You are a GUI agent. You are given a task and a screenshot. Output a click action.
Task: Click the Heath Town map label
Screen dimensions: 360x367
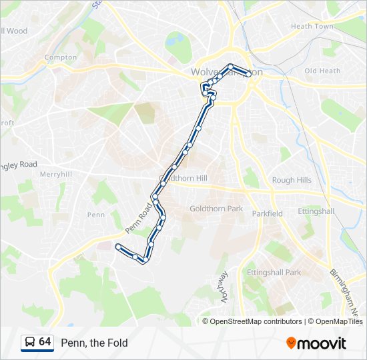click(312, 27)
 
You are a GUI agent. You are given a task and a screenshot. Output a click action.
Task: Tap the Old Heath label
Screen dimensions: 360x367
click(322, 71)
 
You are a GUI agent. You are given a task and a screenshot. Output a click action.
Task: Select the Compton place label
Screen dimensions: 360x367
click(61, 57)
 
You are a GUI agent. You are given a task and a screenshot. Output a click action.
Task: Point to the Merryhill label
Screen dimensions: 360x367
click(55, 174)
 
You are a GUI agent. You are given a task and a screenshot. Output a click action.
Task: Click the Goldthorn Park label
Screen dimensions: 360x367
click(216, 209)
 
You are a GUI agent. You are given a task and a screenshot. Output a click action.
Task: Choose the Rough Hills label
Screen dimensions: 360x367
click(292, 180)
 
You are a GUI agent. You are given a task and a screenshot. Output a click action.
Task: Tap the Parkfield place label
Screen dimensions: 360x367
click(267, 213)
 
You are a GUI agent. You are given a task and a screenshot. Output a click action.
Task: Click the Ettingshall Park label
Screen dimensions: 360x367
click(274, 272)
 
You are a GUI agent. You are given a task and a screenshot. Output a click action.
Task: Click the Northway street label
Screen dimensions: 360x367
click(224, 287)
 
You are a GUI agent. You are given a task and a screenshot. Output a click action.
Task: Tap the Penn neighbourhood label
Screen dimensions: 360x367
click(96, 215)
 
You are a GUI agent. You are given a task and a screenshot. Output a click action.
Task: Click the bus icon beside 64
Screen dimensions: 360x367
click(29, 343)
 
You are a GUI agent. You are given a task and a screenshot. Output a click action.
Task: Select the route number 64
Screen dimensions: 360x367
click(45, 342)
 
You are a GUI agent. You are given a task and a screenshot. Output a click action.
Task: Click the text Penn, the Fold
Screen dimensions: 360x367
click(94, 343)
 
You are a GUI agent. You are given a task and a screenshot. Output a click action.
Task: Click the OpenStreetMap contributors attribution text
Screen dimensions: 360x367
click(256, 321)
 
